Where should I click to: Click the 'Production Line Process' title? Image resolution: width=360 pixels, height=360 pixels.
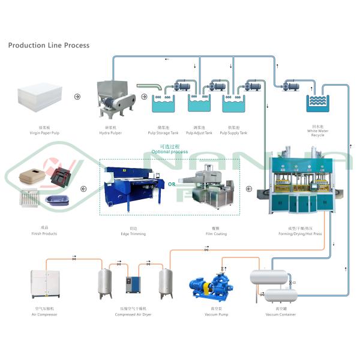[49, 46]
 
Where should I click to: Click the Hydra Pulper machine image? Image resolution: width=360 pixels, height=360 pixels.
[115, 99]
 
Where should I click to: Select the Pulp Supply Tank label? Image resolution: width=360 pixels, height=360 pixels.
[235, 133]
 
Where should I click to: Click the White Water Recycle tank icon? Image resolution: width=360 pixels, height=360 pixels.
[317, 103]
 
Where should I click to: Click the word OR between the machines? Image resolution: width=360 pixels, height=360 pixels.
[172, 185]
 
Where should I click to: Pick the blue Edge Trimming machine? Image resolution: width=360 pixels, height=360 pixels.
[133, 186]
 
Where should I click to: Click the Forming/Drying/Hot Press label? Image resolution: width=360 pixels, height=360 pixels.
[305, 233]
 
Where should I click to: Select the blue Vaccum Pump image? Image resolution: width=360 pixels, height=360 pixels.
[214, 286]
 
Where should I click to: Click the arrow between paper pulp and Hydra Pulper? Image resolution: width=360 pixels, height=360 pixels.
[77, 96]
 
